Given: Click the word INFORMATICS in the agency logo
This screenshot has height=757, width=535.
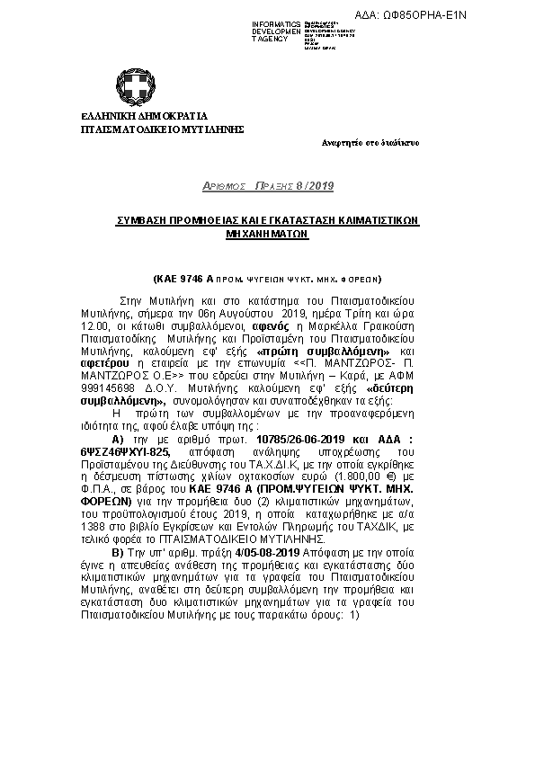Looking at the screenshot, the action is [275, 22].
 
